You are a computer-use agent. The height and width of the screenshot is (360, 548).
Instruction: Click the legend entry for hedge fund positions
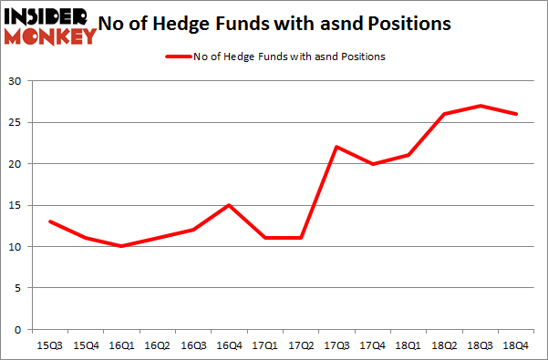pyautogui.click(x=274, y=57)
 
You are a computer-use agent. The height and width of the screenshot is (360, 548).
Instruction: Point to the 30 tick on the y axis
pyautogui.click(x=16, y=81)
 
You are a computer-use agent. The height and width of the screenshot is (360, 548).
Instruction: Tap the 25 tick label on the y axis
pyautogui.click(x=16, y=122)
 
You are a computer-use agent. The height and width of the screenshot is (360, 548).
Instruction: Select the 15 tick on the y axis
pyautogui.click(x=16, y=205)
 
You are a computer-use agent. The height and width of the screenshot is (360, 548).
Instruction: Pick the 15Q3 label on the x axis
pyautogui.click(x=51, y=345)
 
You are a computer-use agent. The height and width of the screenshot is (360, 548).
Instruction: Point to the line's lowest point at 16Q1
pyautogui.click(x=122, y=246)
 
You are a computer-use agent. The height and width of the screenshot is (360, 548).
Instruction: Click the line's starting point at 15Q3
pyautogui.click(x=51, y=221)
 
